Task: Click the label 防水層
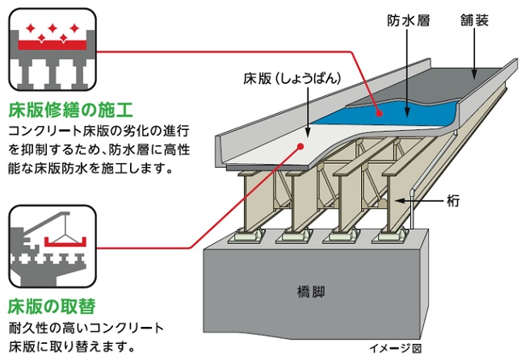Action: [408, 20]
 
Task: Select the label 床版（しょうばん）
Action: [288, 78]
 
